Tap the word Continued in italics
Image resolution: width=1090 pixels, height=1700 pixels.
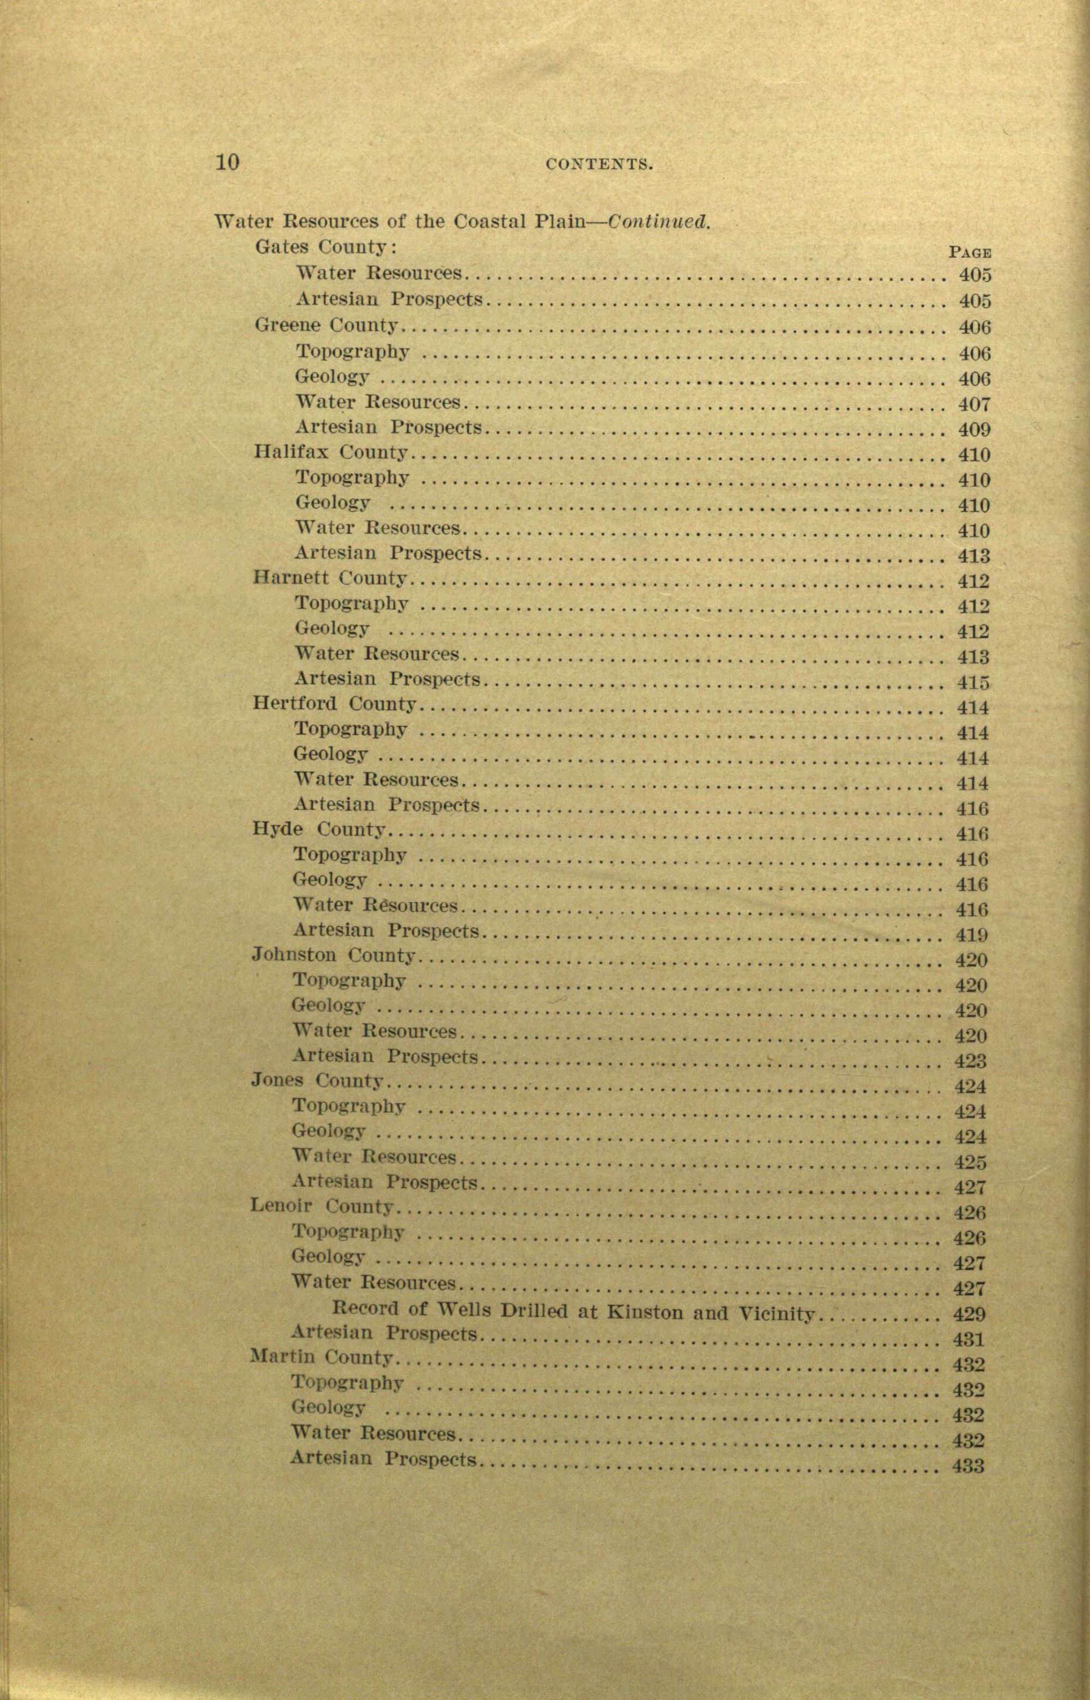[659, 221]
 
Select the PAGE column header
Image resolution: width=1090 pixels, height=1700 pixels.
[969, 251]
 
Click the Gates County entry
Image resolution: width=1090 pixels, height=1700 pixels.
[324, 247]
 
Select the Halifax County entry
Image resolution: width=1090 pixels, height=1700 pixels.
[330, 451]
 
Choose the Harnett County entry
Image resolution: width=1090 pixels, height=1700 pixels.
[329, 578]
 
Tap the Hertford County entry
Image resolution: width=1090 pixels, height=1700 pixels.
[334, 704]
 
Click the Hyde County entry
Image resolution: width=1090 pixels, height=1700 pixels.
[318, 829]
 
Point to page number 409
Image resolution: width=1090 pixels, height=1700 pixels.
[974, 429]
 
